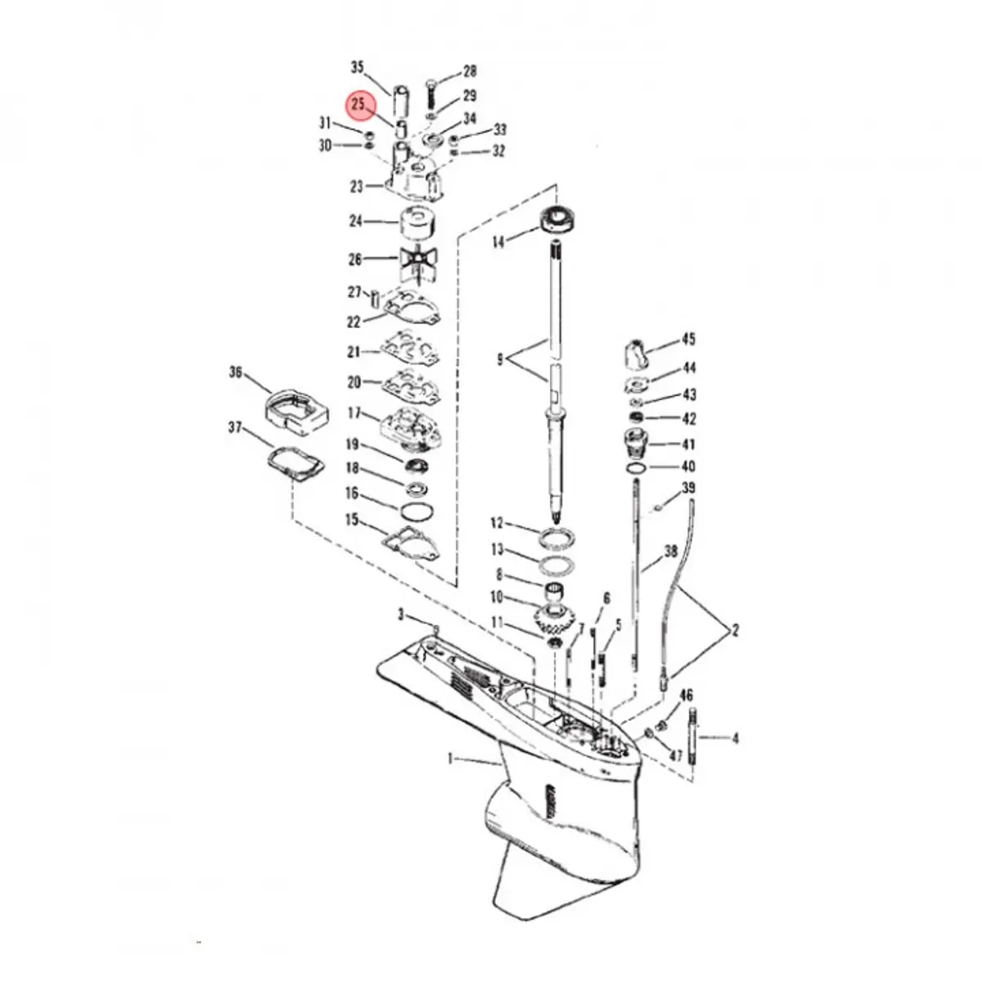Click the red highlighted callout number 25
358,105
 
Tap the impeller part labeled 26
418,261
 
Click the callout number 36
236,372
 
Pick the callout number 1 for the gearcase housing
450,759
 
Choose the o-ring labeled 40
635,468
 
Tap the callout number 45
688,339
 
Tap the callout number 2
735,630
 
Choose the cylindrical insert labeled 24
417,223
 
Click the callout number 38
670,552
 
